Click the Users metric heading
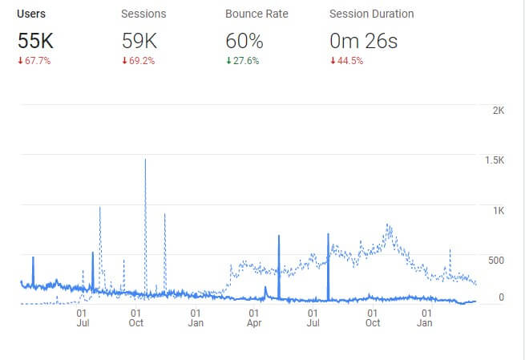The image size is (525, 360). click(31, 14)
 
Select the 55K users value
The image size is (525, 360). click(36, 40)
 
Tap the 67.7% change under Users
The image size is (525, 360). click(34, 61)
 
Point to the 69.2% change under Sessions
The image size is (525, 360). click(139, 61)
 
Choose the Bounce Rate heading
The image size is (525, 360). click(256, 14)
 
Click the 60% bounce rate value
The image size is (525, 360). click(244, 40)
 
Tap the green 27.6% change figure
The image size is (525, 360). click(243, 61)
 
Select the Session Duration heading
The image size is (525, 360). click(372, 14)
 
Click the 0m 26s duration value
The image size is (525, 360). click(363, 40)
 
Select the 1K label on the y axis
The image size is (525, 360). click(497, 211)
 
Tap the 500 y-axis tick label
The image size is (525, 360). click(496, 261)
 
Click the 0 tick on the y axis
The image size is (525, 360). click(502, 297)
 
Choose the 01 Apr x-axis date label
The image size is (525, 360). click(254, 318)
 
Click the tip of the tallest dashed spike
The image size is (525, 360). click(145, 160)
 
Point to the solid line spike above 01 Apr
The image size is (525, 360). click(279, 236)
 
